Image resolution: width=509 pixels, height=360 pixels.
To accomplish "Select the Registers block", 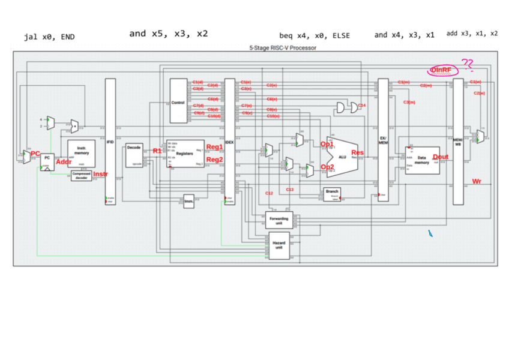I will tap(184, 154).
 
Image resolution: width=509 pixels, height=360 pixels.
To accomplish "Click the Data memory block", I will tap(423, 160).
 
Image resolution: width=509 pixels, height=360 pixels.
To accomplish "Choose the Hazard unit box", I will tap(279, 247).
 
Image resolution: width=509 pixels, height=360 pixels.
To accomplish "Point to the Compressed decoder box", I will tap(82, 176).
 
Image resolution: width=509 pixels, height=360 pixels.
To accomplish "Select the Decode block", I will tap(134, 155).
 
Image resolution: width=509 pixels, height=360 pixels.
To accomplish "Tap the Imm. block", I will tap(189, 201).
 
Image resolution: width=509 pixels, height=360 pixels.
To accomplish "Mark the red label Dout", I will tap(440, 157).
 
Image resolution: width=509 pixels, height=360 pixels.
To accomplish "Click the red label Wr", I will tap(477, 181).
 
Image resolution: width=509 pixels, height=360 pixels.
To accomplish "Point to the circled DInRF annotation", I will tap(442, 70).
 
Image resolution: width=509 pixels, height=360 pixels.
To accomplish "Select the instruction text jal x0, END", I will tap(49, 37).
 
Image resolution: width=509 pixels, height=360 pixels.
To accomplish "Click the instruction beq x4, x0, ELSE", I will tap(315, 35).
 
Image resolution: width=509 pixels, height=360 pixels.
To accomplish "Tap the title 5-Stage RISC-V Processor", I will tap(283, 47).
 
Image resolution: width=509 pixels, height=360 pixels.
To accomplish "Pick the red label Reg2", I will tap(214, 160).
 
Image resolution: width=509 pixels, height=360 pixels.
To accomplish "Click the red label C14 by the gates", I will tap(361, 106).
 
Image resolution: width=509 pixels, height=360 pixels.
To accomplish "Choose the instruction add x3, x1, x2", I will tap(472, 34).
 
